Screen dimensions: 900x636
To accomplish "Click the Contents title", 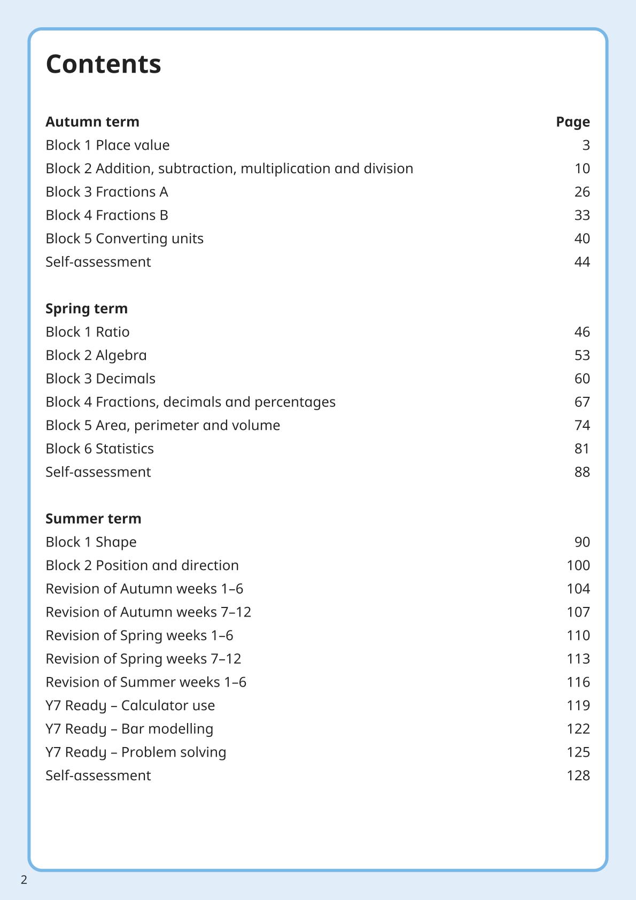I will coord(103,64).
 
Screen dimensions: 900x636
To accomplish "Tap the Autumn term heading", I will coord(92,122).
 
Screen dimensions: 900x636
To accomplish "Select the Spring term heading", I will coord(87,309).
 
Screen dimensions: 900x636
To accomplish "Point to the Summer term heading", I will coord(94,519).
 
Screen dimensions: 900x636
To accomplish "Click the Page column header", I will coord(572,122).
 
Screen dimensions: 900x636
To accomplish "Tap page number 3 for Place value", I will coord(586,145).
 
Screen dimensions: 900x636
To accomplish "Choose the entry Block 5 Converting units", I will coord(125,239).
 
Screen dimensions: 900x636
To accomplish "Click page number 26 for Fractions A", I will coord(582,192).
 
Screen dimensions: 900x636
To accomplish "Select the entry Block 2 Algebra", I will coord(96,356).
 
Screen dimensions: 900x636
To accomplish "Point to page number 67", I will coord(582,402).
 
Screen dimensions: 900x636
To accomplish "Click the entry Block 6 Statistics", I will coord(99,449).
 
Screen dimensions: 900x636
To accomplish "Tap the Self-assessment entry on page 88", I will coord(98,472).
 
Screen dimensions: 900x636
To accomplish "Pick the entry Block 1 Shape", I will coord(91,542).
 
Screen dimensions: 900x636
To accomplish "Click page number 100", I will coord(578,566).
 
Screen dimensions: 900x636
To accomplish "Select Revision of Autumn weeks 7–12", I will coord(148,612).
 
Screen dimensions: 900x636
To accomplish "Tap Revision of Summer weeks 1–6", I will coord(146,682).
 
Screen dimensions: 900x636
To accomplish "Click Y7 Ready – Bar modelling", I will coord(129,729).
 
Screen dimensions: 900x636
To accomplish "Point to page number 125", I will coord(578,752).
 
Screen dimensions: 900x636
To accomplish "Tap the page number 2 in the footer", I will coord(24,880).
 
